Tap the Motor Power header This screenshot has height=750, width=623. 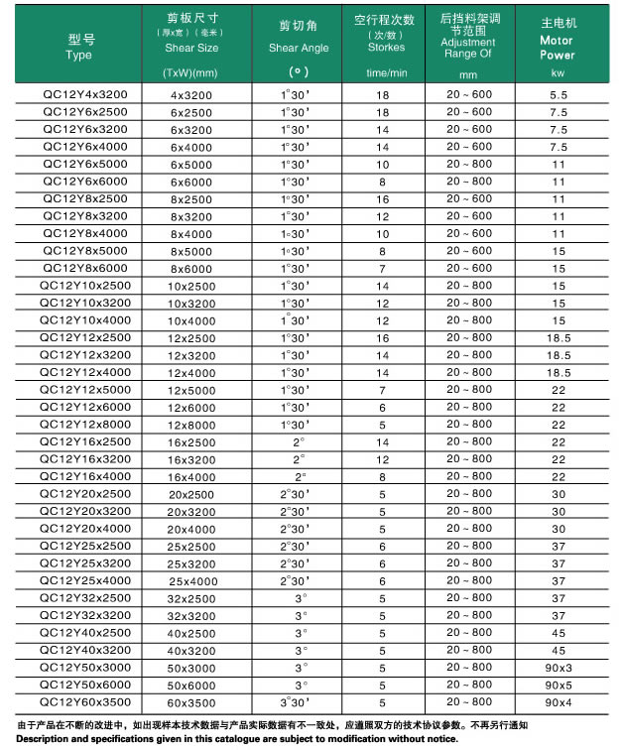(557, 48)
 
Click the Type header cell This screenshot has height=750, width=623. (80, 48)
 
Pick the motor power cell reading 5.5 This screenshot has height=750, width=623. (558, 94)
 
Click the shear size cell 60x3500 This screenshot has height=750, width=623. (191, 702)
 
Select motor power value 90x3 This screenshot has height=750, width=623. (558, 668)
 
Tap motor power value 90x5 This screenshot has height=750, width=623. (558, 685)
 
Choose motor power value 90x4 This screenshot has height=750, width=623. (558, 702)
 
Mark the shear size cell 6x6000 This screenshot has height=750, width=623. (191, 182)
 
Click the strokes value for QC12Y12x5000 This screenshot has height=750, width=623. (382, 390)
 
